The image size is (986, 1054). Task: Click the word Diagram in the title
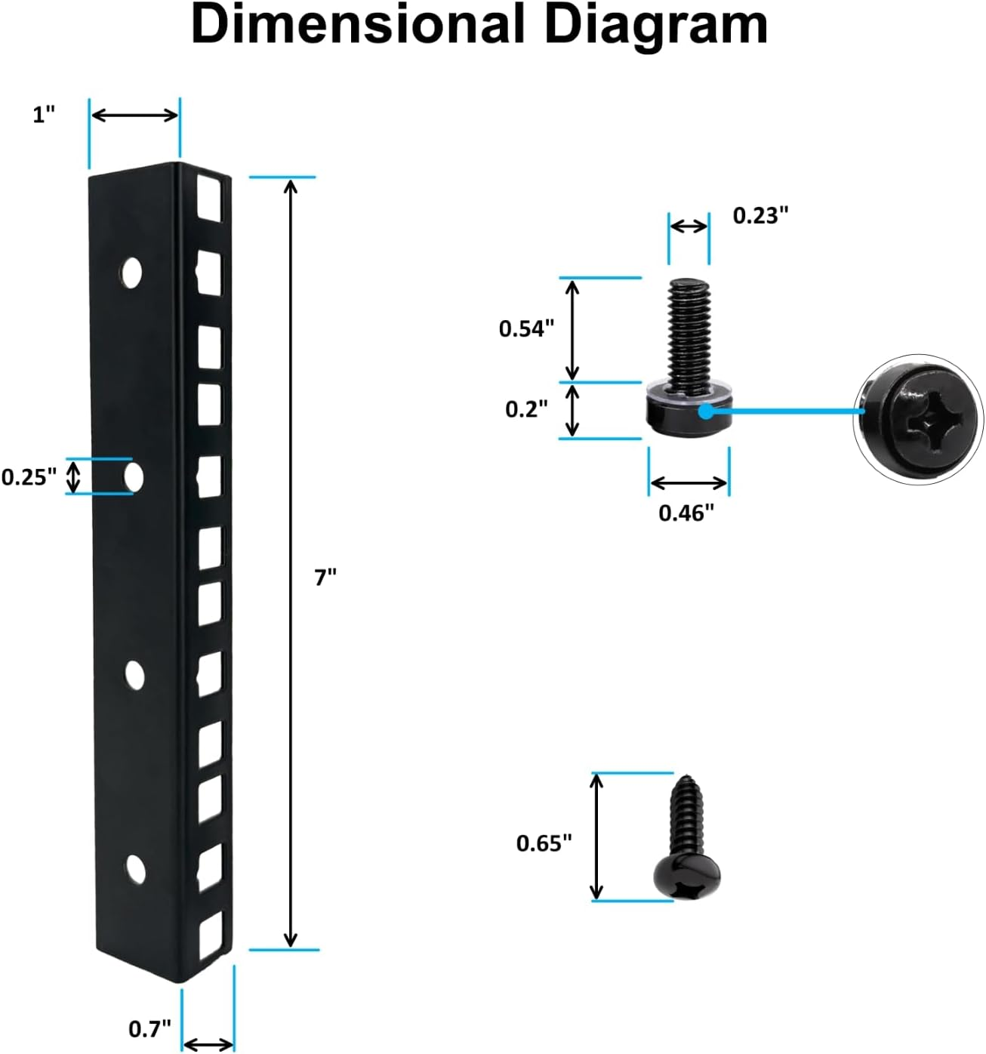(655, 24)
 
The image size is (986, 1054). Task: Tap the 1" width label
(45, 115)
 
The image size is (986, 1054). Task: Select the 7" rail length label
(325, 578)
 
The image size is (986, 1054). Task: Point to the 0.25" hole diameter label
(29, 477)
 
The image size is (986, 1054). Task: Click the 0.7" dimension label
(149, 1028)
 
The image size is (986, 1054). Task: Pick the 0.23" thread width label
(760, 216)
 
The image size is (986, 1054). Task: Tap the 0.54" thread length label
(526, 328)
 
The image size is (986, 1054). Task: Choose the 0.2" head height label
(526, 409)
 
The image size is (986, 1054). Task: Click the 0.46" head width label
(686, 513)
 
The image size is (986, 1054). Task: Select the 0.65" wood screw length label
(544, 843)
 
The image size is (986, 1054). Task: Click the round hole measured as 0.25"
(134, 476)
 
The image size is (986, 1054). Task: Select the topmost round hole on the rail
(132, 272)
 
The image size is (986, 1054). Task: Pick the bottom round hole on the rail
(135, 870)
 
